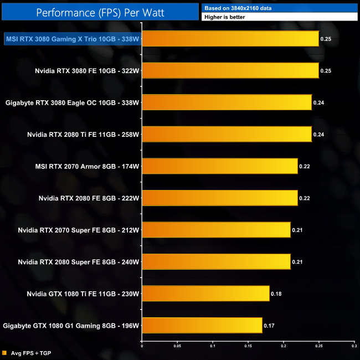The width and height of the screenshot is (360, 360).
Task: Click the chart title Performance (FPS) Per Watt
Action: click(x=100, y=12)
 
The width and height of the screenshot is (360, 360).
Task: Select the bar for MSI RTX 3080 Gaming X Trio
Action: click(x=230, y=39)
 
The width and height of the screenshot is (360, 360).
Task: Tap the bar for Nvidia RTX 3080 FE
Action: click(x=230, y=70)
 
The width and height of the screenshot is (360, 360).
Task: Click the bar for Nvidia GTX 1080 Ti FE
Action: click(x=205, y=294)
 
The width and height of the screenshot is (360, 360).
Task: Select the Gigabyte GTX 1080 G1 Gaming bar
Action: click(x=202, y=326)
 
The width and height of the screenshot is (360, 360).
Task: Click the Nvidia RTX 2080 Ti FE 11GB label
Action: click(x=83, y=135)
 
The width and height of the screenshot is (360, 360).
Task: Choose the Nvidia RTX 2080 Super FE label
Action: click(x=78, y=262)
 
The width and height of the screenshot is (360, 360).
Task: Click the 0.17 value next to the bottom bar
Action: click(x=269, y=326)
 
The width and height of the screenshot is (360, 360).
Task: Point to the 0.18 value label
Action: click(x=276, y=294)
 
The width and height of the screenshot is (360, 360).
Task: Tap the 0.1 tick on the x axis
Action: click(x=213, y=348)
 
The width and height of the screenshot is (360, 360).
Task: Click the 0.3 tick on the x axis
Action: click(x=353, y=348)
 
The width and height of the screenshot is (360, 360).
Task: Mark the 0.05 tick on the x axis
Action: click(x=177, y=348)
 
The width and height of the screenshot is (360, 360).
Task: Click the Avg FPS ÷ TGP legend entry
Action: click(x=28, y=353)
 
